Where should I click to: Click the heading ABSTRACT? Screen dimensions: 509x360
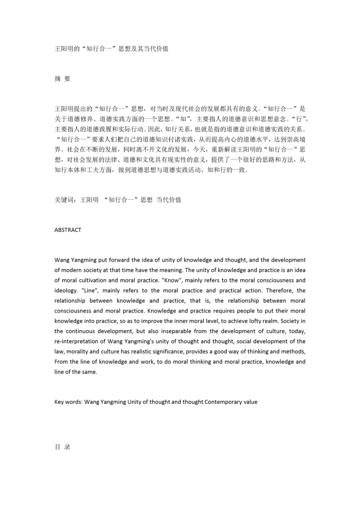tap(67, 230)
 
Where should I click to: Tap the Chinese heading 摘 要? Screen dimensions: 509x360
tap(62, 78)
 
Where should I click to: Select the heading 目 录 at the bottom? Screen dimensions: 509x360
tap(62, 447)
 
